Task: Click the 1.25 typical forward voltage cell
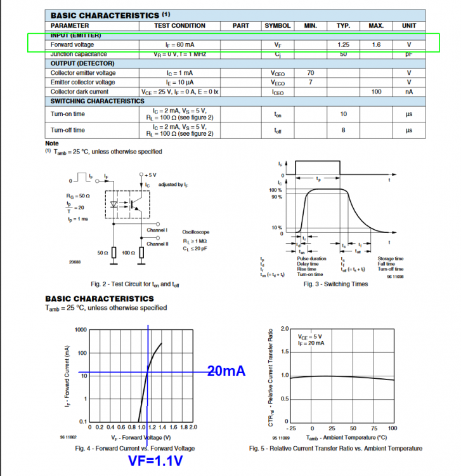(343, 45)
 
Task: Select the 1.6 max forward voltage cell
(376, 45)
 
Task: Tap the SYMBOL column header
(277, 25)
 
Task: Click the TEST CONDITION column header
(180, 25)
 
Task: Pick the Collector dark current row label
(81, 92)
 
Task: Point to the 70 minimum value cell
(310, 73)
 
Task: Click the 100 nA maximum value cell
(376, 92)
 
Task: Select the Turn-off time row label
(68, 130)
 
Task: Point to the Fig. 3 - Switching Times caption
(336, 284)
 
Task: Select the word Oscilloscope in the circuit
(196, 233)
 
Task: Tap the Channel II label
(157, 244)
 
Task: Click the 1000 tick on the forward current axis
(80, 329)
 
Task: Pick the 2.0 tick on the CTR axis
(285, 328)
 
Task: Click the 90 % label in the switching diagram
(275, 197)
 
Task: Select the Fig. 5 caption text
(335, 449)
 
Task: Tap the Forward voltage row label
(72, 45)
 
